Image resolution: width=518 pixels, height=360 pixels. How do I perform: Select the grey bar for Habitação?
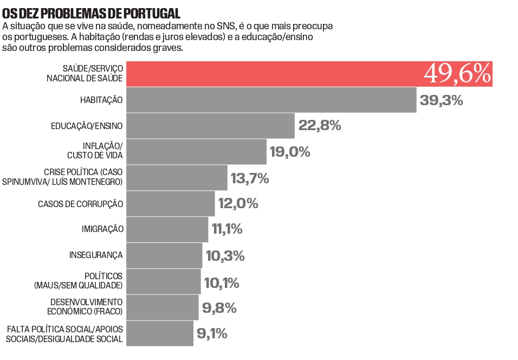(271, 100)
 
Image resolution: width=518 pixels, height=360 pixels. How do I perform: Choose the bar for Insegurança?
(164, 255)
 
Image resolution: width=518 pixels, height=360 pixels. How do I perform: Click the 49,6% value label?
(457, 74)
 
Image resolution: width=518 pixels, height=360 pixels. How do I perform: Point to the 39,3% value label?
(441, 100)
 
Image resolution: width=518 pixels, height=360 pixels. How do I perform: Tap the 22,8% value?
(320, 126)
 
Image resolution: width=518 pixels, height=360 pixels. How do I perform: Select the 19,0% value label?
(290, 152)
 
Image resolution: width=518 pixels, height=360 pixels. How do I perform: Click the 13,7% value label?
(250, 178)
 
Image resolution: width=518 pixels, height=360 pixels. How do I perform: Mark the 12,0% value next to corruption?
(238, 204)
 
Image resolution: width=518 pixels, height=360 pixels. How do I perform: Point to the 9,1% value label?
(212, 333)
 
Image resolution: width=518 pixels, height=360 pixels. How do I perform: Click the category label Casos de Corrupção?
(80, 204)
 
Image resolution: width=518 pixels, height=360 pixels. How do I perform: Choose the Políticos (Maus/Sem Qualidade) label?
(79, 281)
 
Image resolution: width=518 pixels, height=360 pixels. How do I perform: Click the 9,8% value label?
(219, 308)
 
